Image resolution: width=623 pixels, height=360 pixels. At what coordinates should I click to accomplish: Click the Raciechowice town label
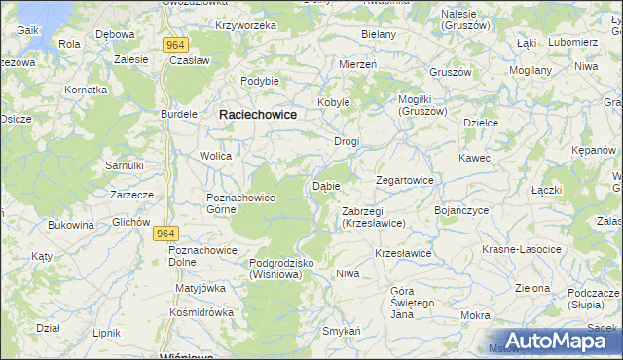coord(258,114)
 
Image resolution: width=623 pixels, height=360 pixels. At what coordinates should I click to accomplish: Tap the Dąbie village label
coord(326,186)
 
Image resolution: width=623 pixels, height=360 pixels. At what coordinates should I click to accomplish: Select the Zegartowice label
coord(405,181)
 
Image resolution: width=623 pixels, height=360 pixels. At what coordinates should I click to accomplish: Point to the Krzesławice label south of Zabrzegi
coord(403,253)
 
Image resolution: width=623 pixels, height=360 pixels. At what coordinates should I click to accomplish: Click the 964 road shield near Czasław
coord(176,45)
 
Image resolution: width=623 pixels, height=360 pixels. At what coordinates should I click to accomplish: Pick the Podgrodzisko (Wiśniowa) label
coord(269,269)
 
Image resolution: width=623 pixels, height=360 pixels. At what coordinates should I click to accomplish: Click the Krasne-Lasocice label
coord(522,250)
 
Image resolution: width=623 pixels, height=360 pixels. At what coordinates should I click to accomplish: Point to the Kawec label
coord(475,158)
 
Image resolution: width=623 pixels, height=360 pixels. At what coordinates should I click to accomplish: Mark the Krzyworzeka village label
coord(246,25)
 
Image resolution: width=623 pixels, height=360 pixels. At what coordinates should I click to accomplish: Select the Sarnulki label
coord(125,165)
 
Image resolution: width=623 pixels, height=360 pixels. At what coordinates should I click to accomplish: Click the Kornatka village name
coord(86,89)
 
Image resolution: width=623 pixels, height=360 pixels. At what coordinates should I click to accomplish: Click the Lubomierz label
coord(572,43)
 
